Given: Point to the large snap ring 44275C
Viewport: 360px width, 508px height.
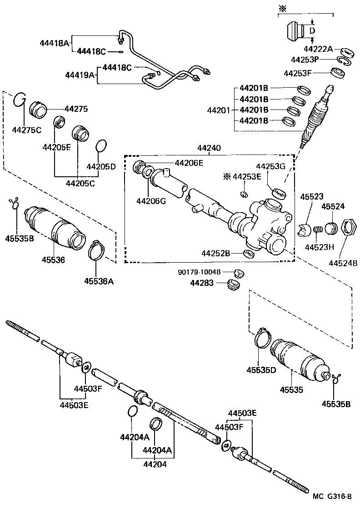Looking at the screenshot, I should click(x=19, y=99).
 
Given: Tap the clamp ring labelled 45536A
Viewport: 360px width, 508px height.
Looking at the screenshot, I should click(x=96, y=250).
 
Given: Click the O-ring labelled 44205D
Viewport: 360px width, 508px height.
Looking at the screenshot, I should click(x=102, y=146).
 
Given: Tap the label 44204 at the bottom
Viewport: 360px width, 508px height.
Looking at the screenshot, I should click(x=155, y=464).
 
